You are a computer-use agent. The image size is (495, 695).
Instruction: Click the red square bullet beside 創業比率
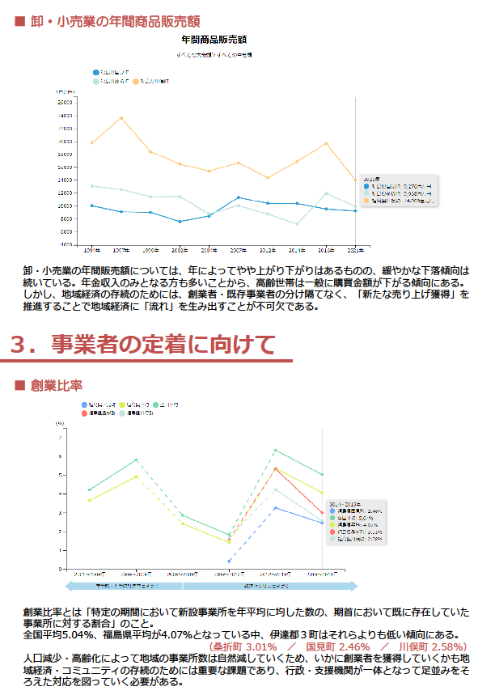20,384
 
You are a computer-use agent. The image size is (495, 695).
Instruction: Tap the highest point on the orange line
121,118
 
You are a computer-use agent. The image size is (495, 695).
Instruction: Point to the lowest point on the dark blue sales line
180,222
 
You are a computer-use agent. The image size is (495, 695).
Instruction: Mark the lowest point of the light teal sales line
297,224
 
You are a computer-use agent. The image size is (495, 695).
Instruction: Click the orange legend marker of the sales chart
136,82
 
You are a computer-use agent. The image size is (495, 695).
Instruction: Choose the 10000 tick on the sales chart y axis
66,206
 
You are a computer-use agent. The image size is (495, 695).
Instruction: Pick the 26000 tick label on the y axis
66,103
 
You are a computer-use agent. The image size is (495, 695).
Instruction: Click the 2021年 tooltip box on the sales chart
399,190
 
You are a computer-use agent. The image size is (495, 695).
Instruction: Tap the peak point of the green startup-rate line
276,450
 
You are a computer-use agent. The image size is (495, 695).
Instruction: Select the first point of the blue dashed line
229,561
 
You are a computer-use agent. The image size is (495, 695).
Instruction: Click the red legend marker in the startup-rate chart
85,413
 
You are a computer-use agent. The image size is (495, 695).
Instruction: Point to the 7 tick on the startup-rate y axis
61,437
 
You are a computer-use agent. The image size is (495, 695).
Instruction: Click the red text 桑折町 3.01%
243,647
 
